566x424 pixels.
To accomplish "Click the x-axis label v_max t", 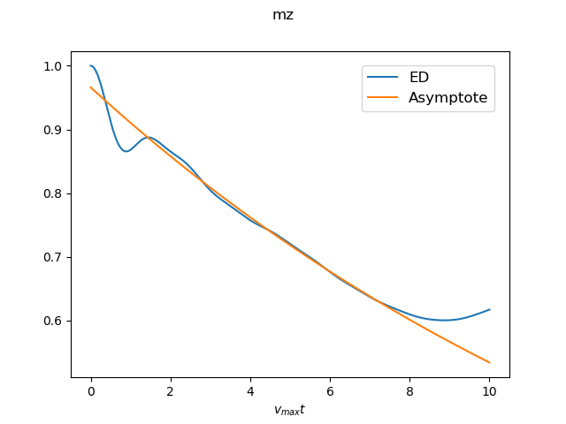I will point(290,410).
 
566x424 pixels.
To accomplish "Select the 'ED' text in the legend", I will point(418,78).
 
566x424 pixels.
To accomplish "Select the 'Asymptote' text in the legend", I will point(447,98).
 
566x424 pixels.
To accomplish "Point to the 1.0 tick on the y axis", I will point(54,66).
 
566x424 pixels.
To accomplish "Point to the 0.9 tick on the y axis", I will point(54,130).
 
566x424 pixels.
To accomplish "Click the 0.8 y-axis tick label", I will point(54,193).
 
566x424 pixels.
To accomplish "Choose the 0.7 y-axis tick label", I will point(54,257).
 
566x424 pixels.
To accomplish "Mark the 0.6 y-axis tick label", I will point(54,321).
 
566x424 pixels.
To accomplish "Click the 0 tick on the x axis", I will point(91,390).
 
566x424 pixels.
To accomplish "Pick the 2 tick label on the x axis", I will point(171,390).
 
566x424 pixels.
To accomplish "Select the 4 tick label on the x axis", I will point(250,390).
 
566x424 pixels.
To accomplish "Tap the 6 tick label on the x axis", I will point(330,390).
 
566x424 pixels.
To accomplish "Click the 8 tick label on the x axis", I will point(409,390).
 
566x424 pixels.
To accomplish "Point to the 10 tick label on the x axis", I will point(489,390).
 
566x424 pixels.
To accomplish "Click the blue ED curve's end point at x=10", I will point(489,309).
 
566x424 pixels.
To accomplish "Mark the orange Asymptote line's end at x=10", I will point(489,362).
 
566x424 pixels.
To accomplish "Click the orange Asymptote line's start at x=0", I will point(91,87).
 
